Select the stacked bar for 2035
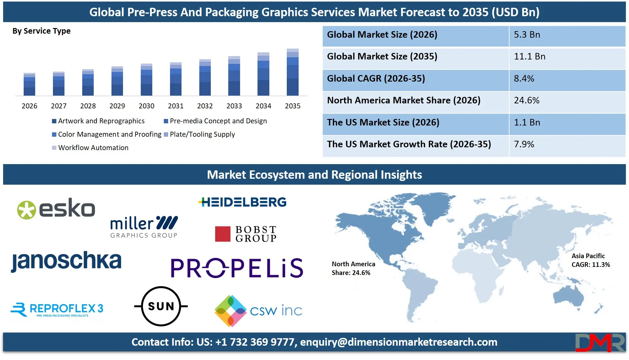pos(292,72)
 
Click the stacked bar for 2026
pos(29,84)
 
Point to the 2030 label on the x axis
pos(146,106)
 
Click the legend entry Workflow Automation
pos(93,148)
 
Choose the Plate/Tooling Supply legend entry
pos(202,134)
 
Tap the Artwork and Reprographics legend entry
pos(101,121)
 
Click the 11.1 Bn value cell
pos(529,57)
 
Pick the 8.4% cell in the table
pos(524,78)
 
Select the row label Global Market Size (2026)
pos(382,35)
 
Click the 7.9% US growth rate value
pos(524,144)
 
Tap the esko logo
pos(56,209)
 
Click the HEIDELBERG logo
pos(242,202)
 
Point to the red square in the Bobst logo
pos(222,234)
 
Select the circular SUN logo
pos(161,306)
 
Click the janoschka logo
pos(66,261)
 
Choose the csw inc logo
pos(258,310)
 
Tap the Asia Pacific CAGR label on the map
pos(590,260)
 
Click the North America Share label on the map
pos(353,268)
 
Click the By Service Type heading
pos(41,31)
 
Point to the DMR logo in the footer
pos(600,343)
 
